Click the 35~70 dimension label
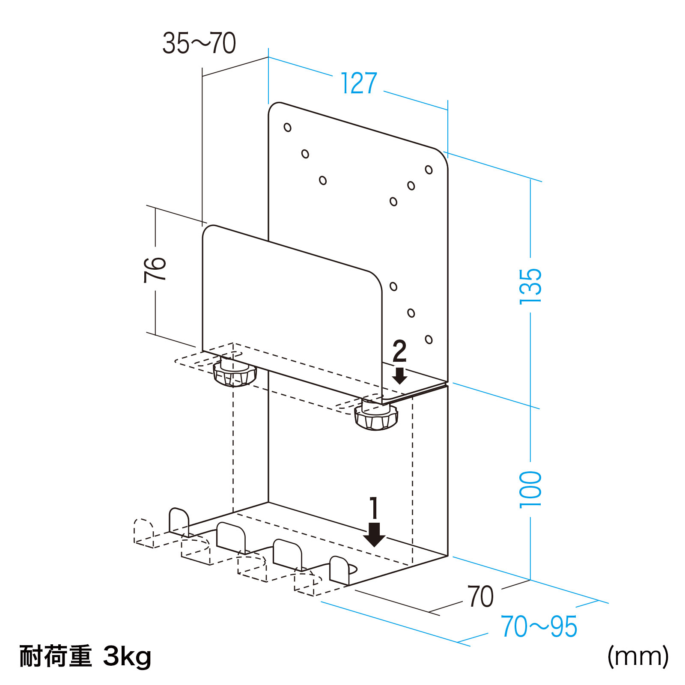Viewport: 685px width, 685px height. pyautogui.click(x=199, y=43)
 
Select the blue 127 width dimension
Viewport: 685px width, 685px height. pyautogui.click(x=359, y=83)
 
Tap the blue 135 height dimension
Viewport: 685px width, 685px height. pyautogui.click(x=530, y=286)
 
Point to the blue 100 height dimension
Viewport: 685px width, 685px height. pyautogui.click(x=530, y=489)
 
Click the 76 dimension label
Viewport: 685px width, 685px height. pyautogui.click(x=155, y=270)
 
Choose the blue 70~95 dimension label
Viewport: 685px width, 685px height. pyautogui.click(x=539, y=626)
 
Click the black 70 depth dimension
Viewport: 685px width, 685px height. pyautogui.click(x=481, y=597)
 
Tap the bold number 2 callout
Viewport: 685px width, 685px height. pyautogui.click(x=399, y=351)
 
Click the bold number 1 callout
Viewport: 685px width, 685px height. pyautogui.click(x=374, y=508)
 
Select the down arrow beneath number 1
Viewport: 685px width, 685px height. pyautogui.click(x=374, y=535)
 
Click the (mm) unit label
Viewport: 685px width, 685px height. pyautogui.click(x=638, y=656)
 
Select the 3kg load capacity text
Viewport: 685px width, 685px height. pyautogui.click(x=127, y=656)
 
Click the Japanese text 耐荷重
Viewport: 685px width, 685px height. pyautogui.click(x=56, y=656)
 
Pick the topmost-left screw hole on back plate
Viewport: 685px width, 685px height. pyautogui.click(x=288, y=127)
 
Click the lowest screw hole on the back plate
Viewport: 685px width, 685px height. pyautogui.click(x=429, y=340)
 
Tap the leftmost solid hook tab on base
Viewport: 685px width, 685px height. pyautogui.click(x=179, y=521)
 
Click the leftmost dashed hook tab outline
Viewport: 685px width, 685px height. pyautogui.click(x=143, y=533)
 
